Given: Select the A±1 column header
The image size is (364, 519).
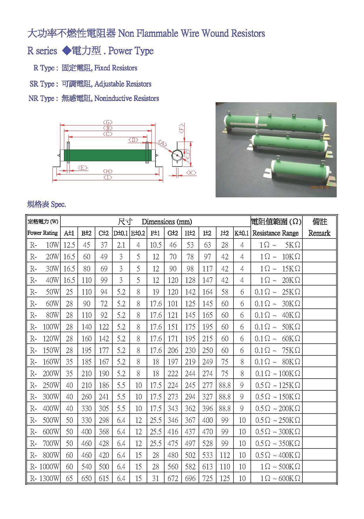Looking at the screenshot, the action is click(69, 233).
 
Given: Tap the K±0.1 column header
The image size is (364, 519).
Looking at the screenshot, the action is click(242, 233).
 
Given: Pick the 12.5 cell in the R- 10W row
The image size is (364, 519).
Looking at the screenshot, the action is click(69, 245).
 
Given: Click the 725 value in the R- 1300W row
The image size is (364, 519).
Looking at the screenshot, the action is click(207, 478).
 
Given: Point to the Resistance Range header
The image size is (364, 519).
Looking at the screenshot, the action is click(275, 233).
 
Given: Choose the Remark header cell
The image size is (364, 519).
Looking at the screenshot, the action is click(319, 233).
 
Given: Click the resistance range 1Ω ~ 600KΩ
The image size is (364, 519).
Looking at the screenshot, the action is click(280, 478).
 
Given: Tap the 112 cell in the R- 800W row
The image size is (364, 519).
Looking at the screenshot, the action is click(225, 455).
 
